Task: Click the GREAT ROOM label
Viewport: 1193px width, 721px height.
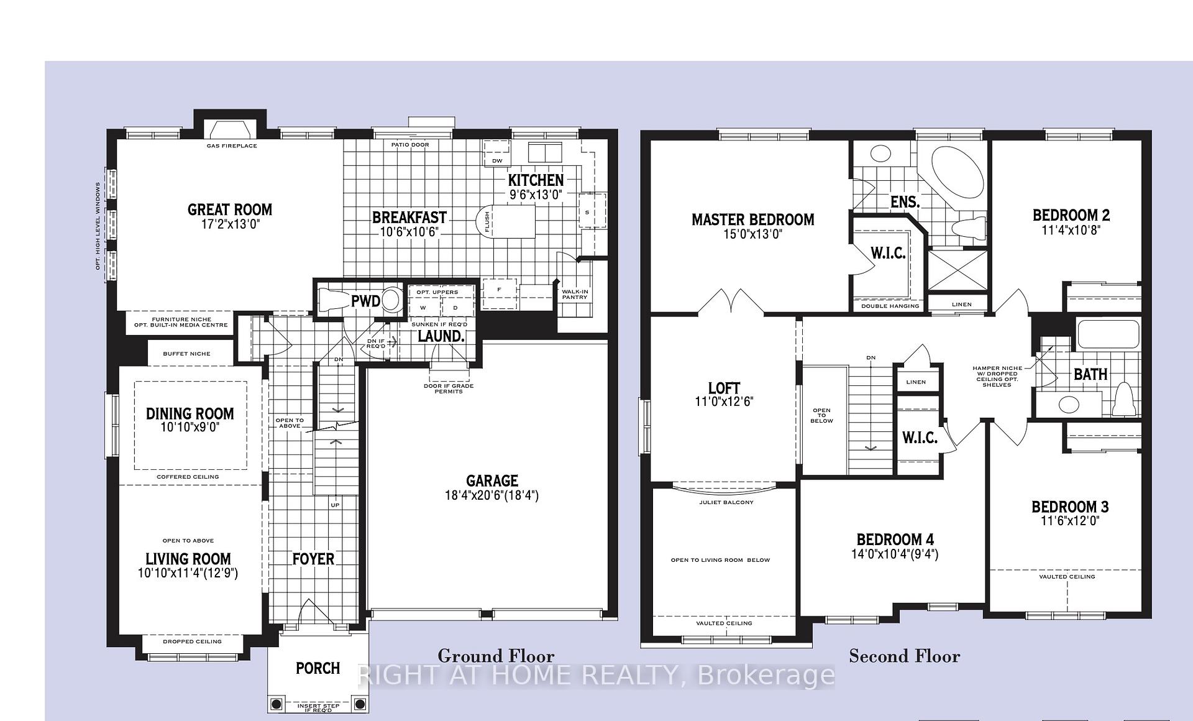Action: [x=230, y=209]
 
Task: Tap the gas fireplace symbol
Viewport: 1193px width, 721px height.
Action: [x=231, y=129]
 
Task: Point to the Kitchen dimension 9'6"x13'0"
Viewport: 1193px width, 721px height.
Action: [x=536, y=194]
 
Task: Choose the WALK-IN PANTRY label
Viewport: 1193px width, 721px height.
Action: [x=575, y=294]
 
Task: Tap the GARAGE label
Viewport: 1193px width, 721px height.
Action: [x=492, y=480]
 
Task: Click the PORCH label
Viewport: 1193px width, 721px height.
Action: [x=318, y=668]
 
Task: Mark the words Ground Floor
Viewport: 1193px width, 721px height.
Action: [x=496, y=656]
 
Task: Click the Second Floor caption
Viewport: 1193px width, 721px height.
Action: [x=905, y=656]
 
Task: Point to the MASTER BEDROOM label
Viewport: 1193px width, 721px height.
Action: [x=753, y=219]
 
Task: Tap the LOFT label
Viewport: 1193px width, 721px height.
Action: [x=724, y=388]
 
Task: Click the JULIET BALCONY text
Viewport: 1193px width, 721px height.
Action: [x=726, y=502]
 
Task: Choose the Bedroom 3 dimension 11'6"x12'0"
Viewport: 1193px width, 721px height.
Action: [x=1070, y=521]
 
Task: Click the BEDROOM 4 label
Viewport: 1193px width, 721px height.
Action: [x=895, y=540]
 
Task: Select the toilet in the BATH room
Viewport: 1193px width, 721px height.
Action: [x=1123, y=400]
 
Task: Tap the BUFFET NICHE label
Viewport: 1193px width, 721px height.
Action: [x=186, y=354]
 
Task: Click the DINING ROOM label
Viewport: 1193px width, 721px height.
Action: [x=190, y=413]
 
